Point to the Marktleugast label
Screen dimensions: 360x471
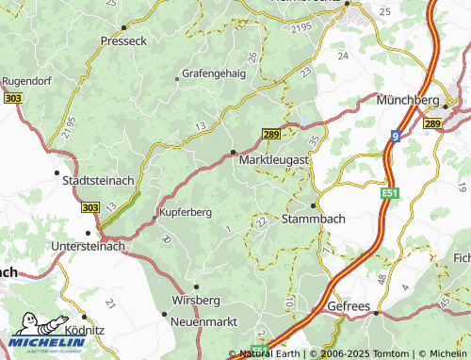[273, 162]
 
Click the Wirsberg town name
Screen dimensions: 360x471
[196, 300]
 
